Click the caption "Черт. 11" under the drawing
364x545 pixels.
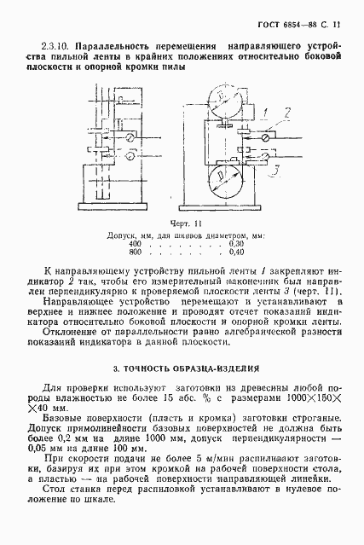(x=182, y=221)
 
